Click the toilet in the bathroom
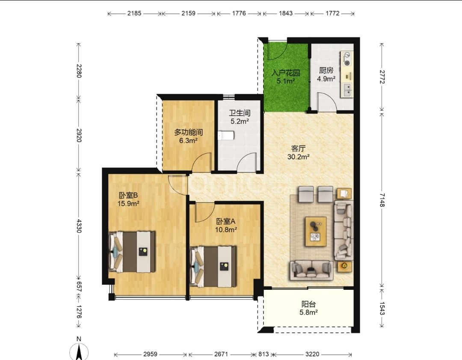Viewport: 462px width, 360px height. (226, 136)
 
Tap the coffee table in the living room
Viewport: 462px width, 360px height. (316, 232)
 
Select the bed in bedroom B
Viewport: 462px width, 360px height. (132, 252)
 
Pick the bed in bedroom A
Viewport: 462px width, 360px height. (213, 267)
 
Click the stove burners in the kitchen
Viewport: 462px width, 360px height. (347, 59)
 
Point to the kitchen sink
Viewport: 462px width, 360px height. (347, 89)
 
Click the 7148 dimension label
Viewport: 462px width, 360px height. (382, 200)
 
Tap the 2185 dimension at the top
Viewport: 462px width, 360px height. (134, 13)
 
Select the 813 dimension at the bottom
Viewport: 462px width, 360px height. (264, 354)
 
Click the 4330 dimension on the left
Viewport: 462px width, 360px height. (79, 226)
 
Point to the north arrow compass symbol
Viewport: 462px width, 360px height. (79, 351)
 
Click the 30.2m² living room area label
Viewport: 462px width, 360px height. (298, 157)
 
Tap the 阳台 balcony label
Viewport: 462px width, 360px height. (308, 304)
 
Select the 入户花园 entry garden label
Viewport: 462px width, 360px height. (285, 72)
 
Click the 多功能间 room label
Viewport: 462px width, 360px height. (188, 132)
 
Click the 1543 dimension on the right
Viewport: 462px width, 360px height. (382, 308)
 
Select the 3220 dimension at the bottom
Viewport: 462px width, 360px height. (312, 354)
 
